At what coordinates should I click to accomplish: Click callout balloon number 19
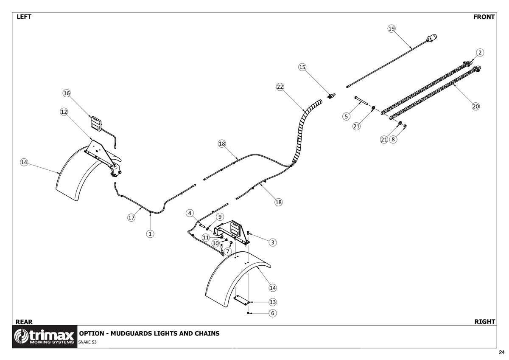click(x=391, y=28)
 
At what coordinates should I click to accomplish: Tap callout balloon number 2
click(x=480, y=53)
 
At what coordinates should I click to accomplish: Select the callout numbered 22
click(x=280, y=87)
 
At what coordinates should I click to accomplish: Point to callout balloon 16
click(x=67, y=93)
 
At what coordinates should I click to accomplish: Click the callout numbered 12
click(x=64, y=112)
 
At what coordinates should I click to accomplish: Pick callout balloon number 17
click(x=131, y=218)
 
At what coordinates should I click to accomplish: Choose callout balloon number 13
click(x=273, y=302)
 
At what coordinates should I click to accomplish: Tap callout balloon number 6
click(x=273, y=313)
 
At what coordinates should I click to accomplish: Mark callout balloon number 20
click(x=475, y=107)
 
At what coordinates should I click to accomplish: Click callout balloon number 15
click(x=302, y=67)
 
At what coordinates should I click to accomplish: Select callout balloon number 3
click(x=273, y=242)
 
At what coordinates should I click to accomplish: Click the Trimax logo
click(x=45, y=337)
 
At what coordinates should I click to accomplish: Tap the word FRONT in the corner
click(x=484, y=17)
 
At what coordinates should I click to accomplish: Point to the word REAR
click(x=24, y=322)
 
